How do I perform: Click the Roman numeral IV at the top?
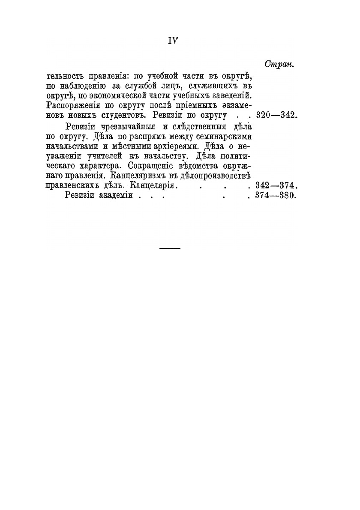pyautogui.click(x=173, y=40)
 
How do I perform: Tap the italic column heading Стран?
pyautogui.click(x=279, y=65)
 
